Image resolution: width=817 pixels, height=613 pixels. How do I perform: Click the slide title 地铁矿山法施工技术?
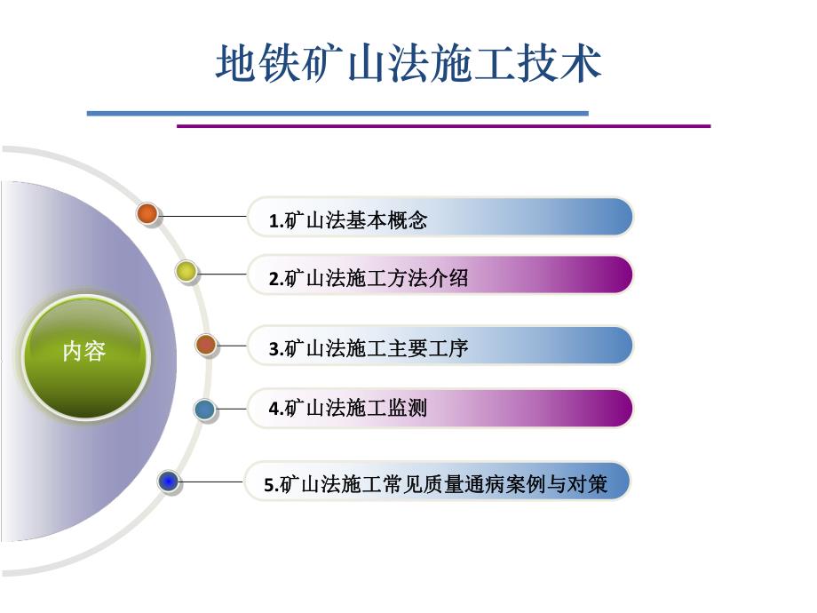pyautogui.click(x=408, y=64)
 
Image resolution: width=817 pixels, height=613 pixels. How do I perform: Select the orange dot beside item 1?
pyautogui.click(x=147, y=213)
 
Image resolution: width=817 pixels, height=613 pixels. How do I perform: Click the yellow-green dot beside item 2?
pyautogui.click(x=186, y=273)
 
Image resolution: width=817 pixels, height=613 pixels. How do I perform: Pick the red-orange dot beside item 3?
pyautogui.click(x=206, y=345)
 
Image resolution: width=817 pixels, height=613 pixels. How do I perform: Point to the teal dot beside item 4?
pyautogui.click(x=205, y=410)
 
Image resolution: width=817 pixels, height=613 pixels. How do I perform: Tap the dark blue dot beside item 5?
pyautogui.click(x=169, y=482)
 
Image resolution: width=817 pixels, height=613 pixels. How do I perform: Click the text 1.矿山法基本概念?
pyautogui.click(x=348, y=220)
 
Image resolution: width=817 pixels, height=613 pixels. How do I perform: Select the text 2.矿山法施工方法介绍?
pyautogui.click(x=369, y=279)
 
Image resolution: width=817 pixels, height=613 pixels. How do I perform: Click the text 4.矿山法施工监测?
pyautogui.click(x=348, y=409)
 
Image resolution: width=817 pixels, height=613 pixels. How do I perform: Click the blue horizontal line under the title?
pyautogui.click(x=337, y=114)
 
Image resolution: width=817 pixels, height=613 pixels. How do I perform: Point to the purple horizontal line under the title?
pyautogui.click(x=444, y=126)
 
